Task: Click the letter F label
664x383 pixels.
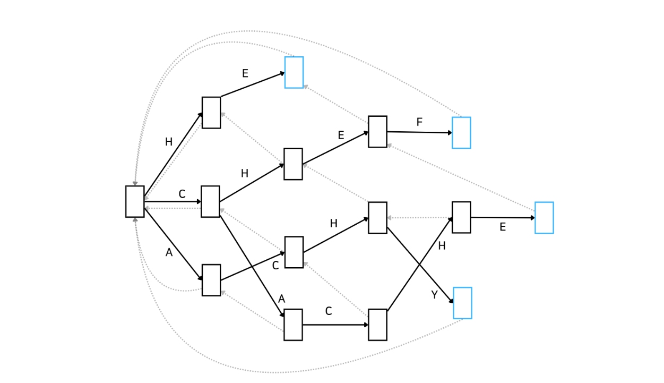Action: [x=419, y=122]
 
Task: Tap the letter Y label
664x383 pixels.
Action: [x=434, y=295]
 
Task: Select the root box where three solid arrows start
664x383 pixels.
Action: [x=135, y=202]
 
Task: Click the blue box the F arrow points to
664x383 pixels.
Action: [x=461, y=133]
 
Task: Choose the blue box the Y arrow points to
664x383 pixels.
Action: [x=462, y=303]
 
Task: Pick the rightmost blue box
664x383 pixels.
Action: [x=544, y=218]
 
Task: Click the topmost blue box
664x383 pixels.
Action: [x=294, y=72]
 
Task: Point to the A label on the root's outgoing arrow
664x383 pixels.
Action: [x=169, y=252]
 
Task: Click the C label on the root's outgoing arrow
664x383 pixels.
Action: [x=182, y=194]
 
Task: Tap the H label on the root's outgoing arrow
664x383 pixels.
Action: [x=169, y=142]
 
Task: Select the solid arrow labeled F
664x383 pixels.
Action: [x=419, y=132]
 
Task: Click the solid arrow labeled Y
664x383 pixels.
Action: [x=420, y=265]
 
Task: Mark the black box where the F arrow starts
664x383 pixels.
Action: [x=378, y=132]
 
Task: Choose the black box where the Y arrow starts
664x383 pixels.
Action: [x=378, y=218]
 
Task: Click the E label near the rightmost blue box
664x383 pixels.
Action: [x=503, y=227]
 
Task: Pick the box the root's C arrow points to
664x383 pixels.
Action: [x=211, y=202]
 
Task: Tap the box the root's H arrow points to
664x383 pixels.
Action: [x=211, y=113]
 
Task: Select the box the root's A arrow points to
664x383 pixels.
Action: [x=211, y=280]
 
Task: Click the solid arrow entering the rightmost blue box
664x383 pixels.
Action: [x=503, y=218]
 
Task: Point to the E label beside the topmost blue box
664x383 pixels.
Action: [x=245, y=73]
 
